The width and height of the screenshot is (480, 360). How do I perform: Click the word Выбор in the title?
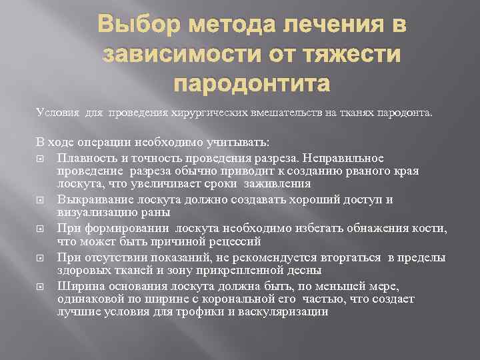click(x=137, y=27)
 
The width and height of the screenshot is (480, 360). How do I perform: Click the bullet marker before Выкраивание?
click(x=42, y=199)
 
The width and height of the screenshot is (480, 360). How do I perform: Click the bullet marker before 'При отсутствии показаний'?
click(x=42, y=257)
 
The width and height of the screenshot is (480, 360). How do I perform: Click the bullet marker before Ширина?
click(x=42, y=286)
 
